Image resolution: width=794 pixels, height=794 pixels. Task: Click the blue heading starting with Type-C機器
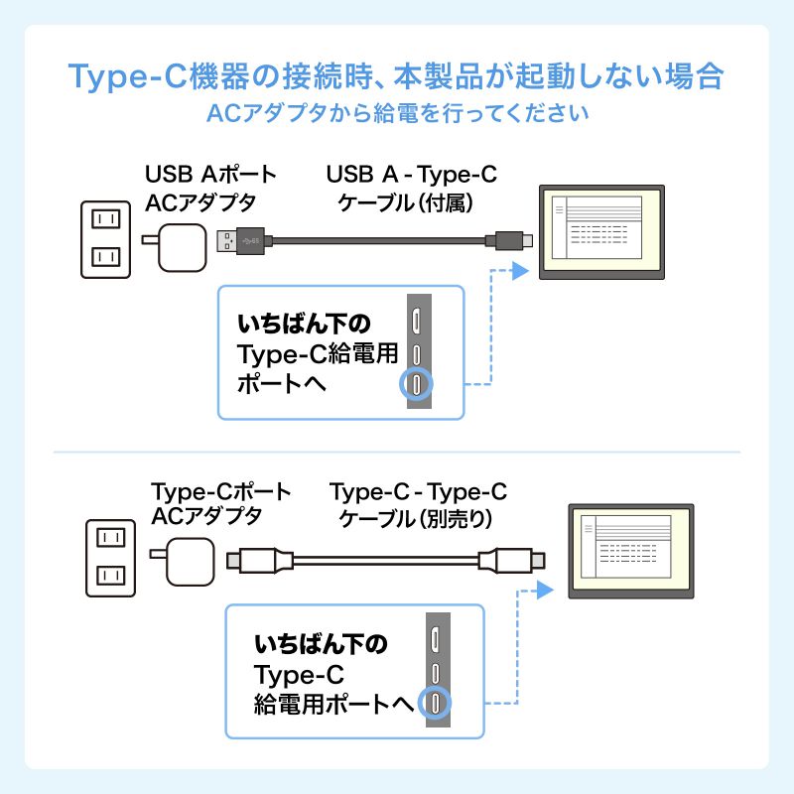click(396, 76)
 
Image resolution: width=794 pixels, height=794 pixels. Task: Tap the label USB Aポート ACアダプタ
click(210, 188)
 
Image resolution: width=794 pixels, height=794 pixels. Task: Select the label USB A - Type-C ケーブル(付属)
click(411, 188)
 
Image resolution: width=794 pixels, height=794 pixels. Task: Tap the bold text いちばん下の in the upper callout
click(304, 324)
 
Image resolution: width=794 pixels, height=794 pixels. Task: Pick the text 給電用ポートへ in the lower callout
click(332, 706)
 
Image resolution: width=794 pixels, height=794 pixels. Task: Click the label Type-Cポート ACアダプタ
click(220, 503)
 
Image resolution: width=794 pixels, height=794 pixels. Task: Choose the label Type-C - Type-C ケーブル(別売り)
click(417, 503)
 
